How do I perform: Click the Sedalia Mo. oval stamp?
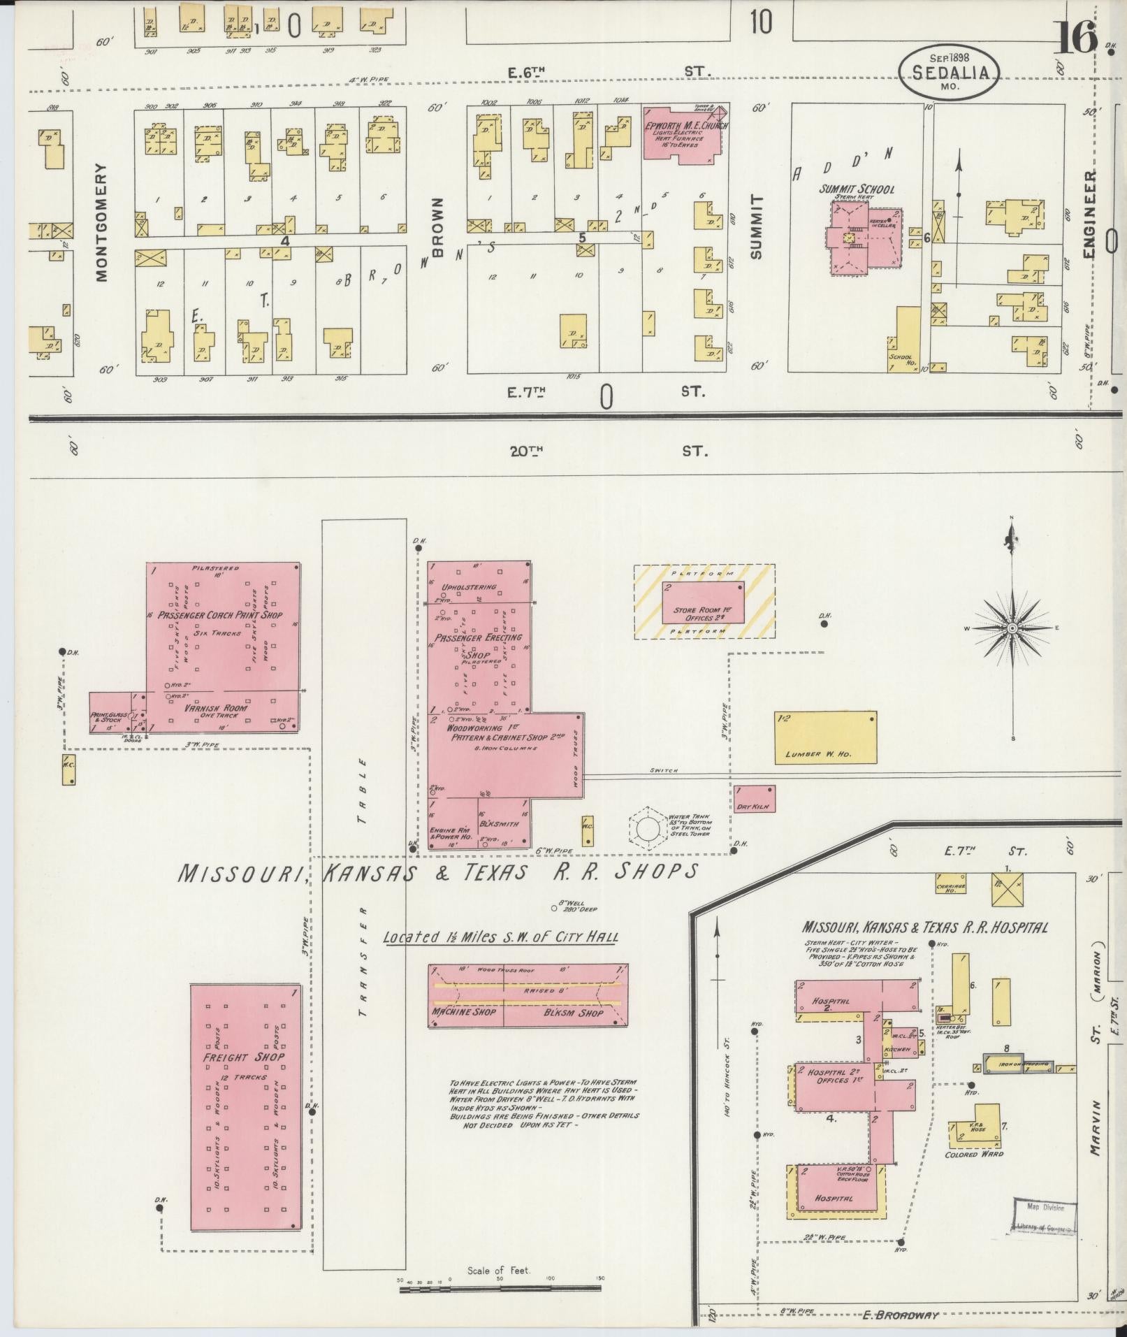coord(948,71)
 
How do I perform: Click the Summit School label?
coord(857,189)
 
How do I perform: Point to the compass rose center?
coord(1011,628)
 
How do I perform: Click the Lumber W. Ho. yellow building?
coord(825,737)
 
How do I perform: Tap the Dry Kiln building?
coord(753,798)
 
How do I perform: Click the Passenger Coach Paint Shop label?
coord(219,615)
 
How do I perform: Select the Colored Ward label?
coord(974,1154)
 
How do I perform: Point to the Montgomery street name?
coord(102,222)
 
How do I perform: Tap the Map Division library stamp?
coord(1045,1217)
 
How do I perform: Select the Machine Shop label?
coord(463,1012)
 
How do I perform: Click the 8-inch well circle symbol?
coord(554,909)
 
